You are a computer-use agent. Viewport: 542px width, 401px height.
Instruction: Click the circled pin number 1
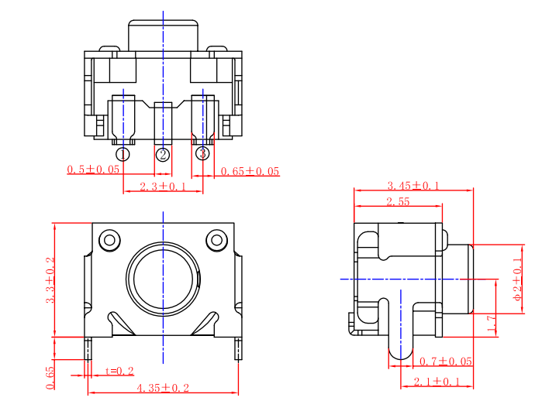pos(123,154)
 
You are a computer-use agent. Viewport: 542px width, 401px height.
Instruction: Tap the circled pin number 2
pos(163,154)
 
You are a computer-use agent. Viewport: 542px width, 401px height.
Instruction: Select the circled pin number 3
pos(202,153)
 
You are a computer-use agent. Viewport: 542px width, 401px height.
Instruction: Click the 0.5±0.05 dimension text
pos(94,170)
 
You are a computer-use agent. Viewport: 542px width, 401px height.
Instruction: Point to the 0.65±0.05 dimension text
pos(250,171)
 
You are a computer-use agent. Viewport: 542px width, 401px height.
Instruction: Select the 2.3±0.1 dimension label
pos(163,187)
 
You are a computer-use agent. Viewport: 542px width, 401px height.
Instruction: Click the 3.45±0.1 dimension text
pos(413,186)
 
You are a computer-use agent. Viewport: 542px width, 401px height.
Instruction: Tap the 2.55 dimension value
pos(398,202)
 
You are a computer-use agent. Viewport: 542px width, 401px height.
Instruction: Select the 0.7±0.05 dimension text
pos(445,362)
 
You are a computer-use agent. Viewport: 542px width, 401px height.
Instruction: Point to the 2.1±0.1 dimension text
pos(437,382)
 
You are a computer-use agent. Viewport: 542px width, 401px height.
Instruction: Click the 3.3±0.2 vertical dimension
pos(51,279)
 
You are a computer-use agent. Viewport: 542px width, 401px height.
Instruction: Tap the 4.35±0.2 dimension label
pos(163,388)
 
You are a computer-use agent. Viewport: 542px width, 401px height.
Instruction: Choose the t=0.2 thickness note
pos(119,371)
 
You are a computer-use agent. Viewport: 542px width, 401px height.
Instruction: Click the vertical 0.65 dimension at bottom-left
pos(51,377)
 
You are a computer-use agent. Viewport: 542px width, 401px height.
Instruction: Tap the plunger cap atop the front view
pos(163,36)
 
